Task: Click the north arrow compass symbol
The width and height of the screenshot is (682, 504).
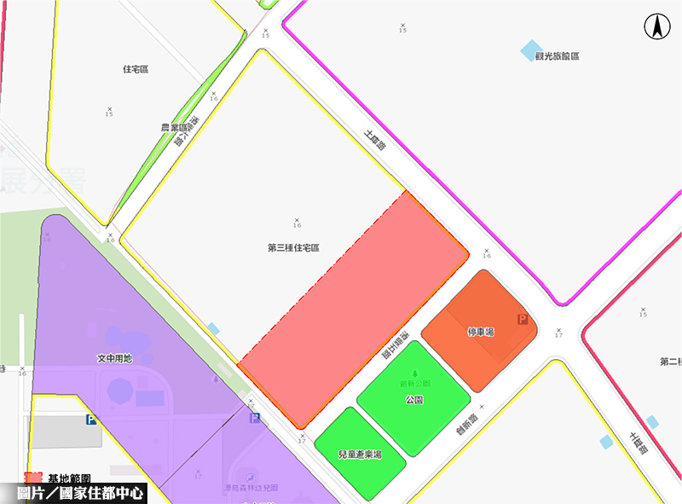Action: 657,27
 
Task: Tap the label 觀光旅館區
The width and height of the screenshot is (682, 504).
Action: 558,56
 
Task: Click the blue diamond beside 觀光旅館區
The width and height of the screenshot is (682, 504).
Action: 531,50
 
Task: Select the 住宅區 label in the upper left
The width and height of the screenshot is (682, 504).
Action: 136,69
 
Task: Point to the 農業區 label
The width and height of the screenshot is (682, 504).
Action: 174,128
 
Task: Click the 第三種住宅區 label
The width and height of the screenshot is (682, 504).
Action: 293,248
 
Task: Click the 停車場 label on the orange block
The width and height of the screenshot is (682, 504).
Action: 481,331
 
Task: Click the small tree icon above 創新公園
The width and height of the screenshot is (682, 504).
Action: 415,373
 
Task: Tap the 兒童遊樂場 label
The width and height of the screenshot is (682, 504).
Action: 360,455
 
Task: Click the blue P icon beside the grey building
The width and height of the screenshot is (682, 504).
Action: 90,420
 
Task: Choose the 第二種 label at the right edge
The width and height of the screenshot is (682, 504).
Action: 669,362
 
